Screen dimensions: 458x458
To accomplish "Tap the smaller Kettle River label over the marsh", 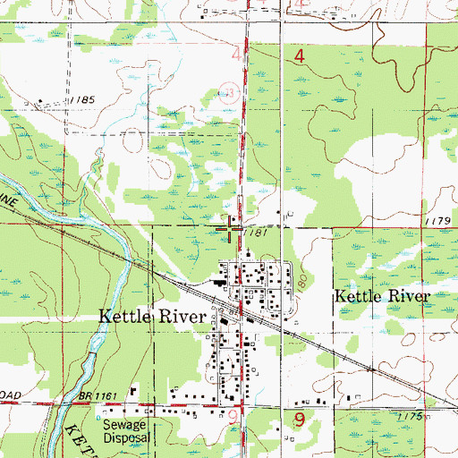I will tap(382, 296).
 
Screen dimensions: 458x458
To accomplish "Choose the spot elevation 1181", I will tap(255, 233).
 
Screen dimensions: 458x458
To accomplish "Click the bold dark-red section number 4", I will tap(300, 56).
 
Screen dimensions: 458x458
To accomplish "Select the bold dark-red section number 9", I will tap(300, 418).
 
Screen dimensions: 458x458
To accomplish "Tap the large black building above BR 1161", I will tap(133, 390).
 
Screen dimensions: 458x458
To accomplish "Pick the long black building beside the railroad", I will tap(218, 284).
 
